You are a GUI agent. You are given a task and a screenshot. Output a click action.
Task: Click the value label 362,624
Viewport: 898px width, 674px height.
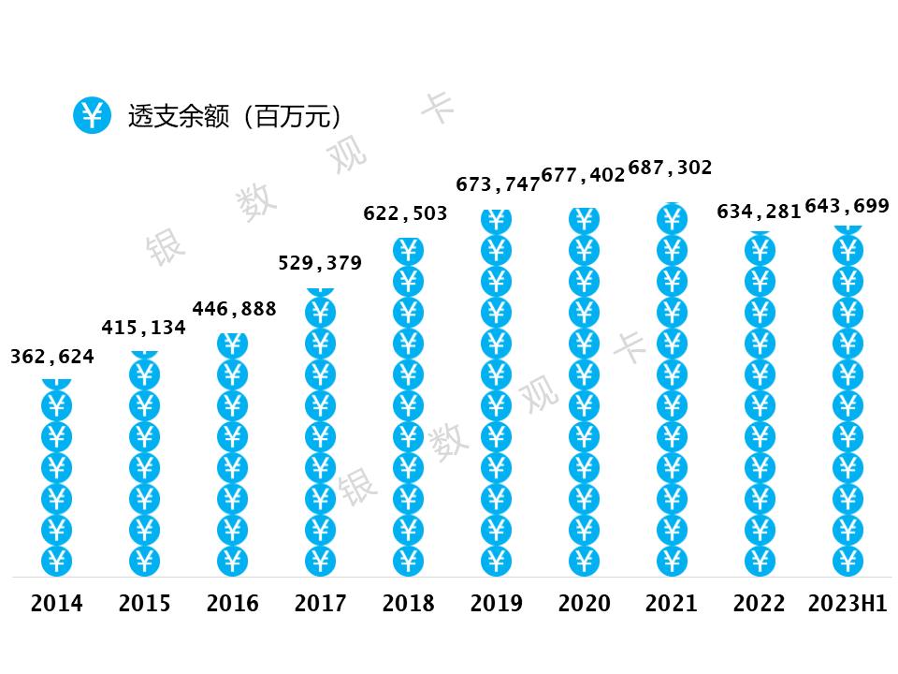(51, 357)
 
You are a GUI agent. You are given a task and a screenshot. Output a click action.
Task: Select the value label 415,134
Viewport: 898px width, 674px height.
(143, 328)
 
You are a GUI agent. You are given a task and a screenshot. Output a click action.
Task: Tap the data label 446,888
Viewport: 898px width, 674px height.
(234, 308)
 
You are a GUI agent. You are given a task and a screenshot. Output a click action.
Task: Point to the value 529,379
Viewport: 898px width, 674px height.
(320, 263)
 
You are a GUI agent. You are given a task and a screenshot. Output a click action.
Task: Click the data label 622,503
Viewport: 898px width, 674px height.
(405, 213)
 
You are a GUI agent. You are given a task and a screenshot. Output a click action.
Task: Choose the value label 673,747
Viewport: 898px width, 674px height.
(498, 184)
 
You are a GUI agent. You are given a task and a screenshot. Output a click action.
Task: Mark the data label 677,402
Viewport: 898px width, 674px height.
(582, 175)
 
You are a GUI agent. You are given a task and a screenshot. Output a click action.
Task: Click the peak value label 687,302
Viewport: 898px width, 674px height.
(670, 168)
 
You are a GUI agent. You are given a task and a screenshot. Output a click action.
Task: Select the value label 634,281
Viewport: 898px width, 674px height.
(759, 212)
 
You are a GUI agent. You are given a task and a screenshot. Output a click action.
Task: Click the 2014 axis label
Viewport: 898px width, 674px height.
(56, 604)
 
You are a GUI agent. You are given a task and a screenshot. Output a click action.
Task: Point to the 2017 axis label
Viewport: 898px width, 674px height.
(320, 604)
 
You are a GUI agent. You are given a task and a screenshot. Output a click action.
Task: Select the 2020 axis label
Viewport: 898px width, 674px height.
(584, 604)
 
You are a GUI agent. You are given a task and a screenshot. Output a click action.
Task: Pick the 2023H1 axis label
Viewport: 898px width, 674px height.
(847, 604)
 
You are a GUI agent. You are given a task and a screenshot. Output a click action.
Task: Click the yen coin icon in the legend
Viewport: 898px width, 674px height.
(92, 115)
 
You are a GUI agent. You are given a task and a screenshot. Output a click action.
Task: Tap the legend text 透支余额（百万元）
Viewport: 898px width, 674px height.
(235, 116)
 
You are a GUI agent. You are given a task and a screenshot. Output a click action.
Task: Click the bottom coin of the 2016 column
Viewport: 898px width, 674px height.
(232, 561)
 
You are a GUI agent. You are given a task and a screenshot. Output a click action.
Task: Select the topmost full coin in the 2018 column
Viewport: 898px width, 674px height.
(408, 250)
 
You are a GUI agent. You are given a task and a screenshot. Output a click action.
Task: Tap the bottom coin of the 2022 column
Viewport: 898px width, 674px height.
(760, 561)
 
